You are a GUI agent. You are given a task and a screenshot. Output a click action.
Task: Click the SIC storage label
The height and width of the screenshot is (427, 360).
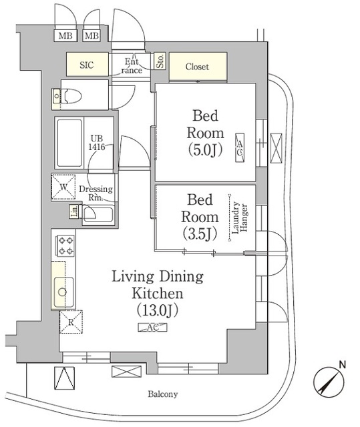[x=87, y=65]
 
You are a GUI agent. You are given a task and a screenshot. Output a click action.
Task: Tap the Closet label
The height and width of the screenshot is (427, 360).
[x=197, y=67]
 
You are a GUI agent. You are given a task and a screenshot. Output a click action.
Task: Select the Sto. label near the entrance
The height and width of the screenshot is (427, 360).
[x=160, y=62]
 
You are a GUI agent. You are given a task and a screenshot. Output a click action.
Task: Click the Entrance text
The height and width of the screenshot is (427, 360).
[x=131, y=65]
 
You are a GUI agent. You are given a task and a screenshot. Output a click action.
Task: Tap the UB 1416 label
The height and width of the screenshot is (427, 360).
[x=98, y=143]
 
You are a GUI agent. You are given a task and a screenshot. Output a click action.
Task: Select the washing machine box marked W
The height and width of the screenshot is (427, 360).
[x=64, y=187]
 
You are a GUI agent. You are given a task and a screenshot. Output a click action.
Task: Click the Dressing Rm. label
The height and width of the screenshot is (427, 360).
[x=96, y=193]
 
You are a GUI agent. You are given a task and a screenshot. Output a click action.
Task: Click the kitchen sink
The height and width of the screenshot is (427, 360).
[x=63, y=291]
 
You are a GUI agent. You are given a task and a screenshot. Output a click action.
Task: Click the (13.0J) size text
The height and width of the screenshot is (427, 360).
[x=158, y=310]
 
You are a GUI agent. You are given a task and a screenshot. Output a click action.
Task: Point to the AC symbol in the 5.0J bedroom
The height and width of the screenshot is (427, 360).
[x=238, y=147]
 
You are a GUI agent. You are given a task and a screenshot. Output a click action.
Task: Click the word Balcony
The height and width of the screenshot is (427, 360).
[x=163, y=395]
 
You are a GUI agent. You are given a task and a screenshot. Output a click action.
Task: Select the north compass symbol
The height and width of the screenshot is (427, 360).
[x=329, y=382]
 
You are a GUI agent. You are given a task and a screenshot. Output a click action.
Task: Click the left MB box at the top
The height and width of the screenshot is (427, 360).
[x=65, y=35]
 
